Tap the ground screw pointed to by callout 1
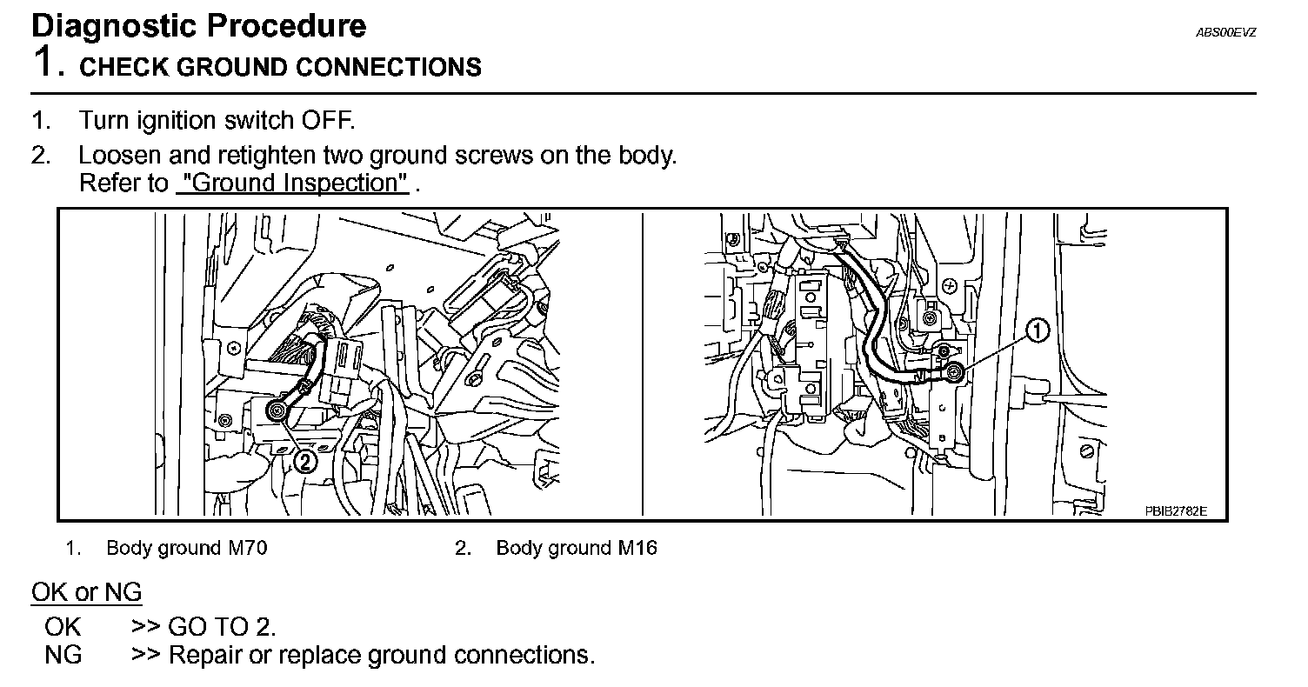click(955, 373)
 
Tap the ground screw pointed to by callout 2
click(277, 410)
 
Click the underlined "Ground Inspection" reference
click(292, 183)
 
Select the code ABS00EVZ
click(1226, 32)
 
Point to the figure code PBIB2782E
click(1176, 510)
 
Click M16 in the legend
click(637, 548)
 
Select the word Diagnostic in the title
click(110, 25)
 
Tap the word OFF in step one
click(329, 119)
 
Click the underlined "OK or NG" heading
click(86, 593)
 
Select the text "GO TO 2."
click(222, 626)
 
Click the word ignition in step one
click(173, 119)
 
